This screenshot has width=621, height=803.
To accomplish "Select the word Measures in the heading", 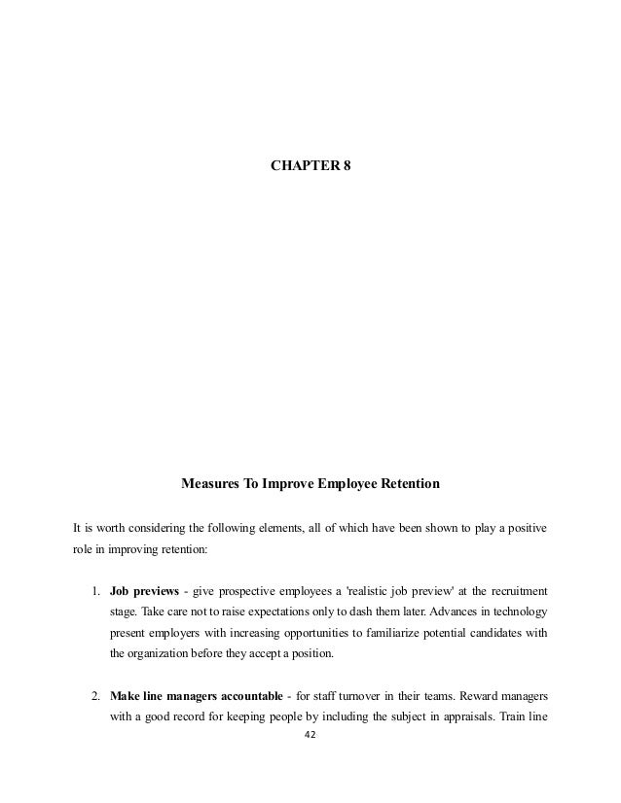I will click(208, 483).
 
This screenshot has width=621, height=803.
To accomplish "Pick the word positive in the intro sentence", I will click(524, 530).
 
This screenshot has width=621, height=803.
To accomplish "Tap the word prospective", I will click(252, 591).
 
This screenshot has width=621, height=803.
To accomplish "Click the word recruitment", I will click(514, 591).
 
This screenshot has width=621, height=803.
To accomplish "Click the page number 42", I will click(311, 736).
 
